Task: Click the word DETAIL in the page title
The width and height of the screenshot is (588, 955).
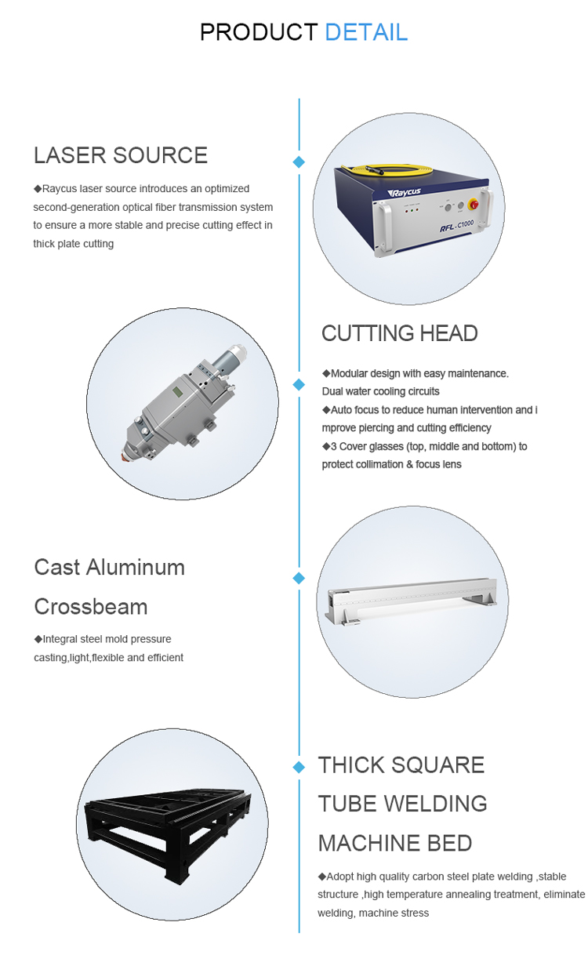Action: point(366,32)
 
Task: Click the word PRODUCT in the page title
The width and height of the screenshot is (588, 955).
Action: point(258,32)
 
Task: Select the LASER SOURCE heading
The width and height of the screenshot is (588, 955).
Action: point(120,155)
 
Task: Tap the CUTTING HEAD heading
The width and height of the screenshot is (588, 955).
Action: point(399,333)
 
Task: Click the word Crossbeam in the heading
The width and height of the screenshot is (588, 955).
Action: point(90,607)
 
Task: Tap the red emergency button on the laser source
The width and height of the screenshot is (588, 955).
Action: point(472,205)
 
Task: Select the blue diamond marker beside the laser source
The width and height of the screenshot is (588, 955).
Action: point(299,162)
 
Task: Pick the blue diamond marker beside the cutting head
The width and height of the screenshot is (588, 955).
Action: point(299,384)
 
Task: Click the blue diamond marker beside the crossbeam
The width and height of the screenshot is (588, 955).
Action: point(299,578)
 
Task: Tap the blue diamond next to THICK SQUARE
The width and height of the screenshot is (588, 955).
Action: point(299,765)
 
